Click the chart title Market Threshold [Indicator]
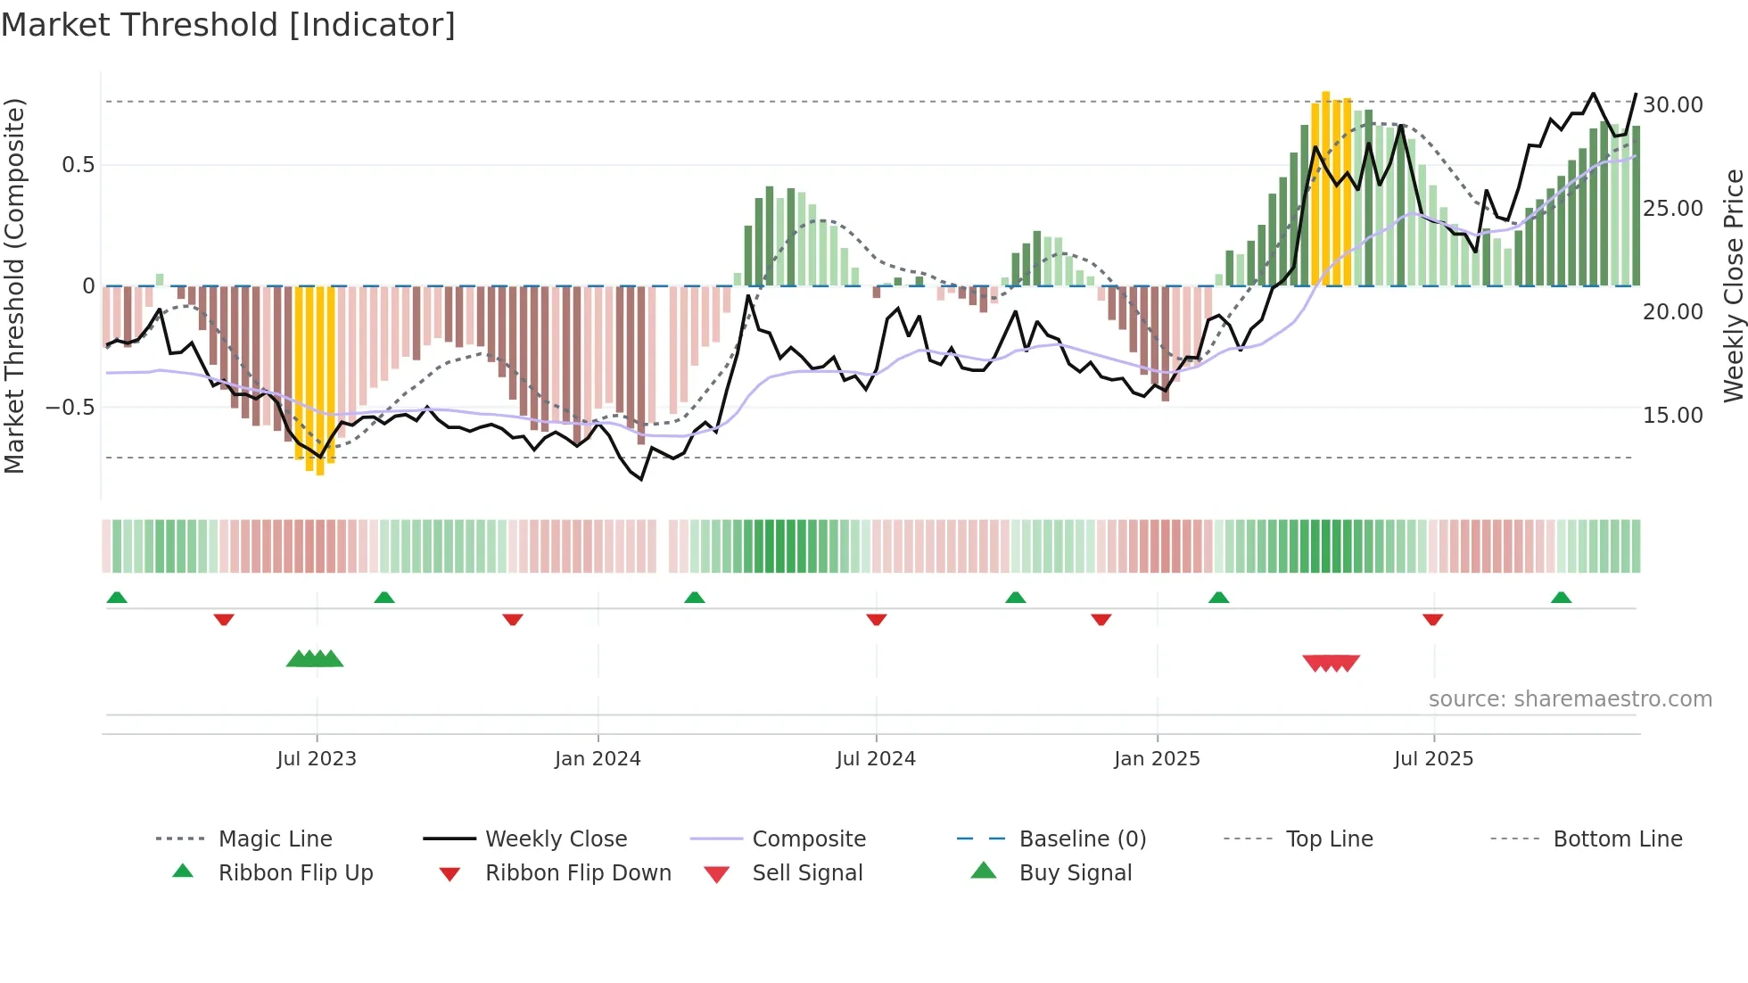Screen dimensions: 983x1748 (228, 25)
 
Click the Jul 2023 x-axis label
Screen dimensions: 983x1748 (317, 758)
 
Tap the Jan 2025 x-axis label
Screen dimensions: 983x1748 (1157, 758)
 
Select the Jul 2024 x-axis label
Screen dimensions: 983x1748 (876, 758)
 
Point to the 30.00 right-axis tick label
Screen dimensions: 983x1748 (1673, 104)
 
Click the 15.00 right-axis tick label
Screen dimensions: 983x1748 (1673, 415)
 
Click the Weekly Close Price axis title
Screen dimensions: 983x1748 (1733, 285)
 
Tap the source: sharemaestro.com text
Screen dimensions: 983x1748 (1570, 698)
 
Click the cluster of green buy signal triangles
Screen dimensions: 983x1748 (315, 659)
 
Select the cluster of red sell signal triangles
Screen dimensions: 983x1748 (1331, 663)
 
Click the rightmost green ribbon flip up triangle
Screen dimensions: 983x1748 (1561, 598)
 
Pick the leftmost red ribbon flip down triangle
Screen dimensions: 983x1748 (224, 619)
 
